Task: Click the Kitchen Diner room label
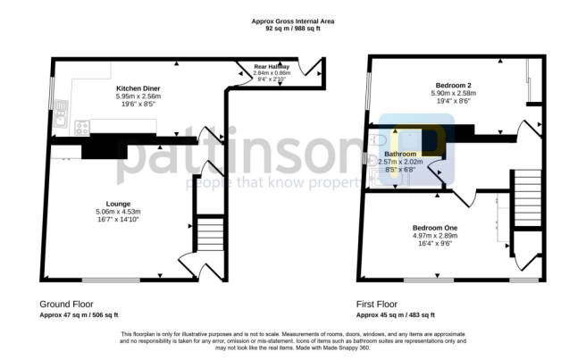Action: click(137, 88)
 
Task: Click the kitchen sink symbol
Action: click(61, 111)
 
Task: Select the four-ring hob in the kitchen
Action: click(81, 126)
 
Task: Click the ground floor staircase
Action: click(207, 235)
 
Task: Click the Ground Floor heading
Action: click(66, 304)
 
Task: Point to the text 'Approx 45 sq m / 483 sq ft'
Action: click(395, 315)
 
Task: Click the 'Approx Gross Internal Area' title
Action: click(292, 21)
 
